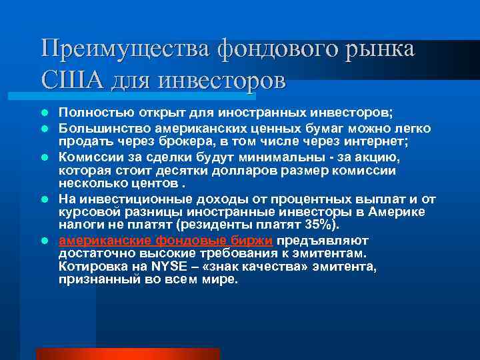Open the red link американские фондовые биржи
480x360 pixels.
point(166,241)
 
